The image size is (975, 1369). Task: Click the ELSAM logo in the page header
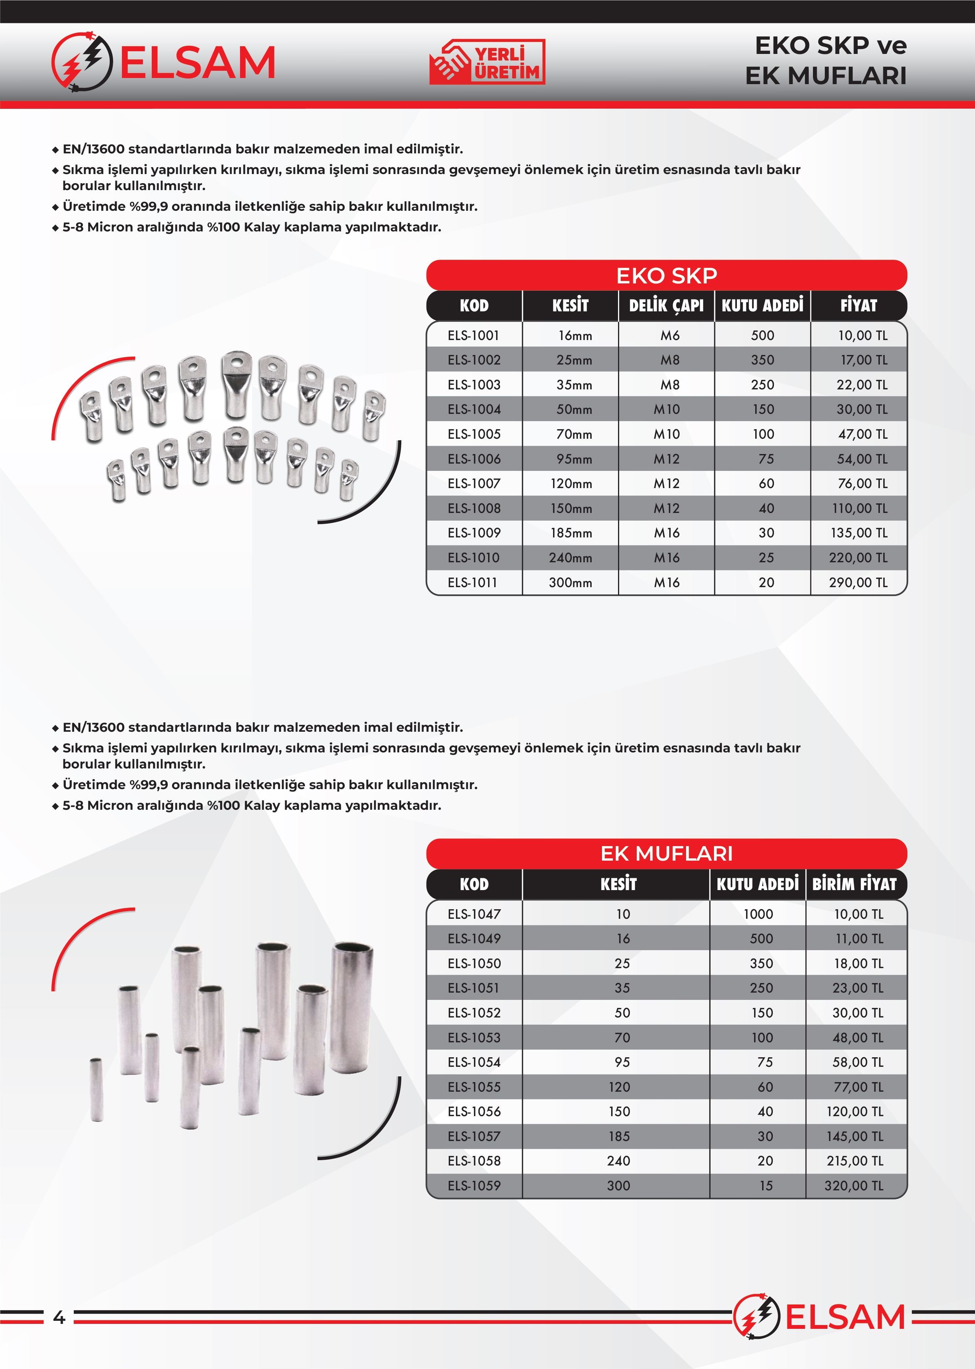pyautogui.click(x=163, y=62)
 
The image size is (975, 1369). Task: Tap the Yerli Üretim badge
pyautogui.click(x=487, y=62)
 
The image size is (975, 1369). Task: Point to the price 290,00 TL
pyautogui.click(x=858, y=582)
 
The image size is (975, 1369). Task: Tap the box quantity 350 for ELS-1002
pyautogui.click(x=762, y=360)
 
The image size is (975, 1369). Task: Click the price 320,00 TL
pyautogui.click(x=854, y=1185)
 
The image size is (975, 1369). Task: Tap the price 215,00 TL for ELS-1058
pyautogui.click(x=854, y=1161)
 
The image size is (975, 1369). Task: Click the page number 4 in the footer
pyautogui.click(x=59, y=1317)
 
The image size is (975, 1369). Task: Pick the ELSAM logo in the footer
pyautogui.click(x=819, y=1317)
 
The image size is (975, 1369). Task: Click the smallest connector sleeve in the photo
pyautogui.click(x=96, y=1090)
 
